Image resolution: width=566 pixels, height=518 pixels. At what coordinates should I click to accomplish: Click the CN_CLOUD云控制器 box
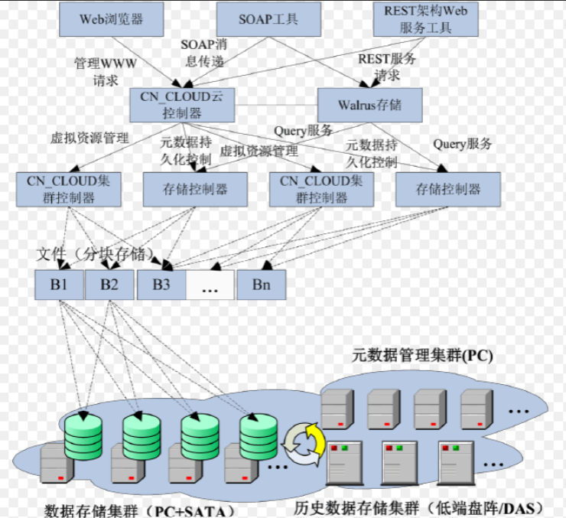181,104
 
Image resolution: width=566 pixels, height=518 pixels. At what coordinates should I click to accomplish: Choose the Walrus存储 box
369,104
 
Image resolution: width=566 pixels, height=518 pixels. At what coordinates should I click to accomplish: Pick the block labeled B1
59,285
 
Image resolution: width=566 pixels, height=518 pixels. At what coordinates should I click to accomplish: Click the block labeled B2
109,285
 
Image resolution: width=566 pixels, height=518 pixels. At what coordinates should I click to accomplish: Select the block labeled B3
161,285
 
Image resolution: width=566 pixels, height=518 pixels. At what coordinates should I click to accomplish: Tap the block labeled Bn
261,285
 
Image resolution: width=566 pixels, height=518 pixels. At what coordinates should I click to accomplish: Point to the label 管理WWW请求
105,70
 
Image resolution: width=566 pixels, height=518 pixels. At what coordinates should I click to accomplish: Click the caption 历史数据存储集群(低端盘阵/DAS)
418,507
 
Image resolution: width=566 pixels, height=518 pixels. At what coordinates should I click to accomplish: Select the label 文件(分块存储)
96,252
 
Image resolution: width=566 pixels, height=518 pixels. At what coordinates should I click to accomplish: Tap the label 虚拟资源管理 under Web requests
89,138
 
